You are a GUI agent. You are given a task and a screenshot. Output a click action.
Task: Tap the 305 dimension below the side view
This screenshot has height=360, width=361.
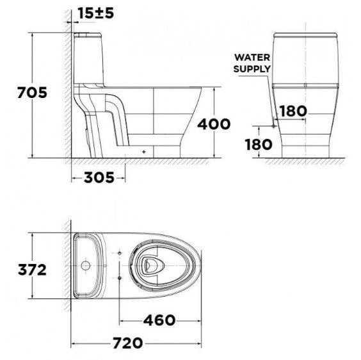(x=99, y=177)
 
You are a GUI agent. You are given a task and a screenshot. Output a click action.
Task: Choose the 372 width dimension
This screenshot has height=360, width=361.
(x=32, y=269)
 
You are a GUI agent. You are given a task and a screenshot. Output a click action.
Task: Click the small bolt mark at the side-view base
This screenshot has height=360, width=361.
(x=143, y=152)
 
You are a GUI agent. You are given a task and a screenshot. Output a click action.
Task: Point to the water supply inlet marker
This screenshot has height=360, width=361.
(x=274, y=126)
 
